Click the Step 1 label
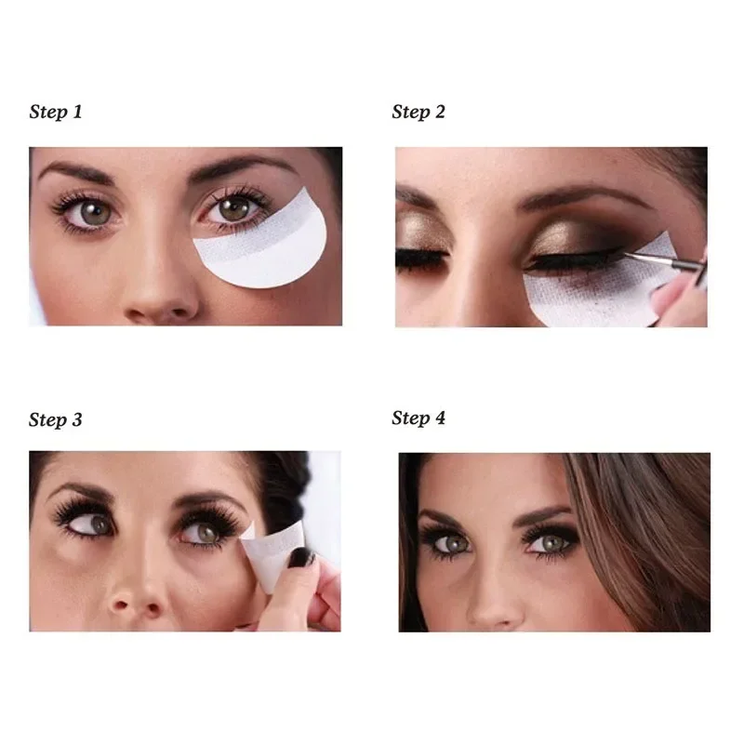(x=56, y=113)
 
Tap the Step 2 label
(x=418, y=113)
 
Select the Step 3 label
(x=56, y=419)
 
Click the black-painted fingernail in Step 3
(x=303, y=558)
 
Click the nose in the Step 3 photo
(x=135, y=595)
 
